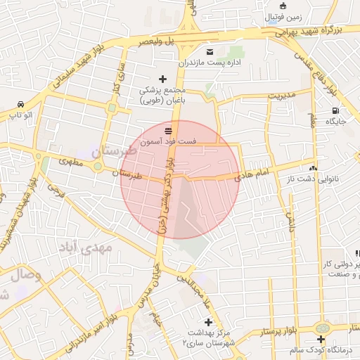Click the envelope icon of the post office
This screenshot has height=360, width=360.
point(210,52)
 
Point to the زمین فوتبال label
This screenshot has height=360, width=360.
point(284,16)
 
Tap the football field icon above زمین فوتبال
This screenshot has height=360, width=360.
point(283,5)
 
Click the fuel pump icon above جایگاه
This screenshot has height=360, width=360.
point(335,110)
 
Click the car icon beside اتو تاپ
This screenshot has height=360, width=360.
point(19,103)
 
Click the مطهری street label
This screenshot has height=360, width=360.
point(70,162)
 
